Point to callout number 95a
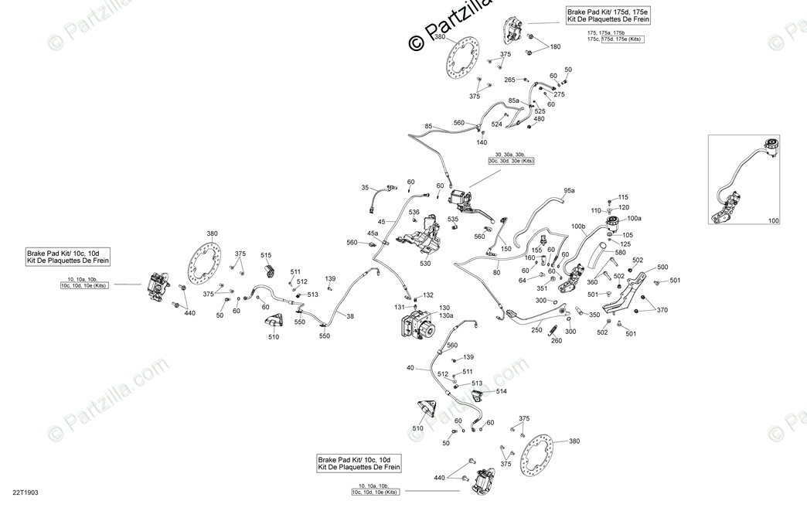pos(569,191)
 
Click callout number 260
pos(556,340)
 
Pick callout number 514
pos(502,391)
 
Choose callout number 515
pos(266,255)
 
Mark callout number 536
pos(414,212)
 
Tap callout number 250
pos(536,329)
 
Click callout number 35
pos(365,188)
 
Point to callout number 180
pos(555,47)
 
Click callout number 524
pos(497,124)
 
